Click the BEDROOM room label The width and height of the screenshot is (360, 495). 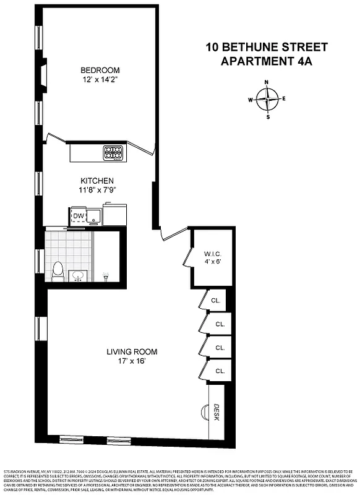[x=100, y=70]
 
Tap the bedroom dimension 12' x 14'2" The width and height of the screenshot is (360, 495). [x=100, y=80]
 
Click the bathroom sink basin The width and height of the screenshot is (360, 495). [x=79, y=275]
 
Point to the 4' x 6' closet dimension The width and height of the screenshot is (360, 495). [x=212, y=262]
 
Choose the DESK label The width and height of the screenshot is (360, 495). [x=216, y=412]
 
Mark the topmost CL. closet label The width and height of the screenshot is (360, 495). [x=216, y=300]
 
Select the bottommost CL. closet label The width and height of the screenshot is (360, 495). [x=220, y=371]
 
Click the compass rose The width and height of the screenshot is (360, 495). [x=267, y=99]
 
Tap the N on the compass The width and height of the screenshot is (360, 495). [x=267, y=82]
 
